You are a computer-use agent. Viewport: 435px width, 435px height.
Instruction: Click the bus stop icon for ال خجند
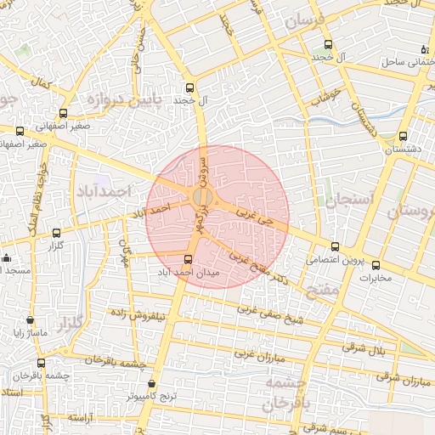189,87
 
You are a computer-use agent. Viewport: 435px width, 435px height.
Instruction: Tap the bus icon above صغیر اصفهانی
63,113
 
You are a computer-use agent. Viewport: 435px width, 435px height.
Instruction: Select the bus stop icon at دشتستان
402,135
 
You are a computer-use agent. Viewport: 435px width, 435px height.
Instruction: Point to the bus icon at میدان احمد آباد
189,260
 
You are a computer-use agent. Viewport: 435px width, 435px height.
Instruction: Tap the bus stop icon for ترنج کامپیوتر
152,383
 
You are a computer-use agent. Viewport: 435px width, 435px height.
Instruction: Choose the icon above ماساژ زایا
31,322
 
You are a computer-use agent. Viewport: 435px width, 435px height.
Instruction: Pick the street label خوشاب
325,96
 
